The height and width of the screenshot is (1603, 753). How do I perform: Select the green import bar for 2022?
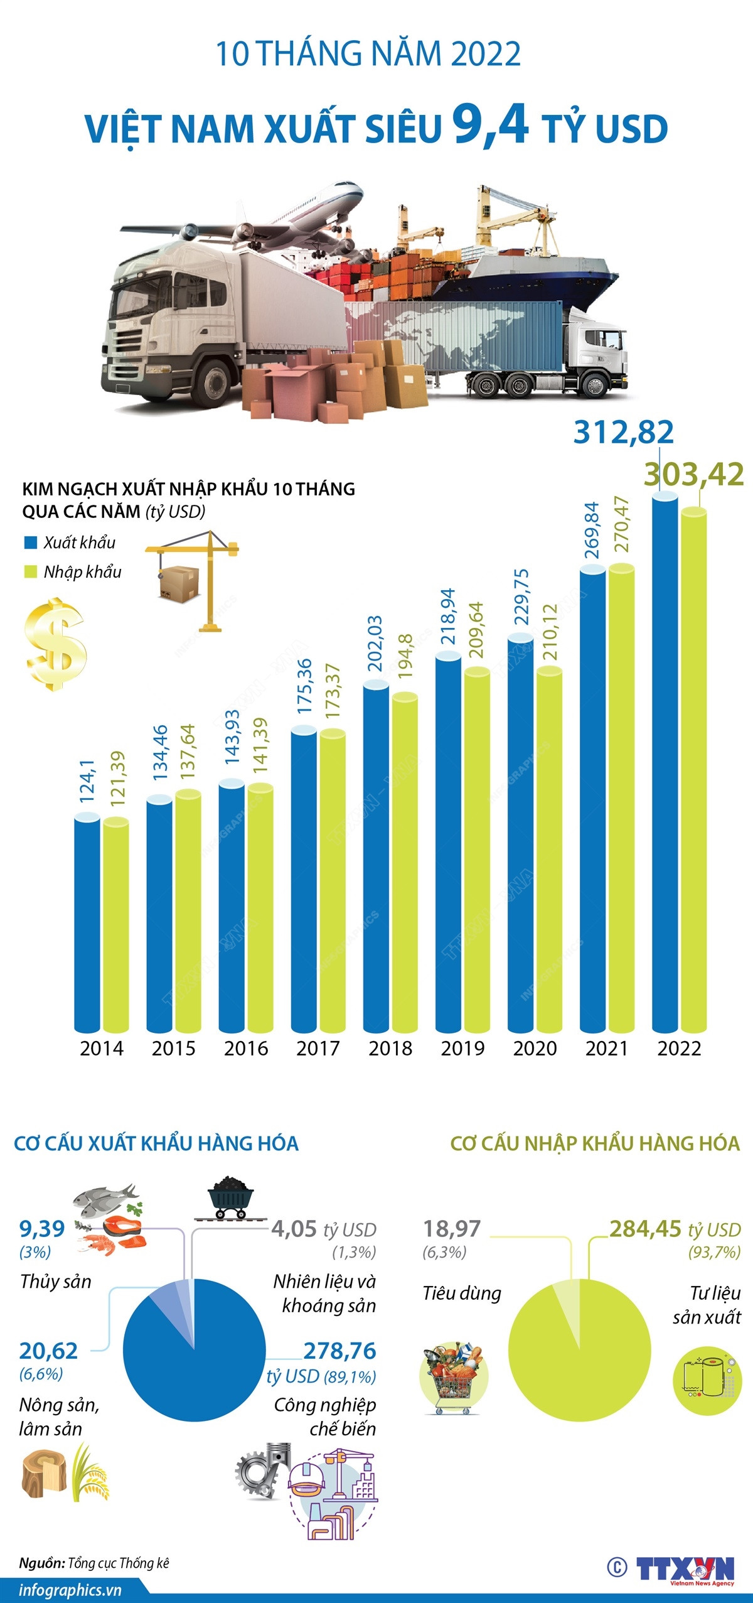694,772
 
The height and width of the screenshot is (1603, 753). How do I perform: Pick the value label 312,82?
624,433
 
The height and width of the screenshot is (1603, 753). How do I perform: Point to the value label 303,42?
694,475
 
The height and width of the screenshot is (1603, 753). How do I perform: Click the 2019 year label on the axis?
462,1048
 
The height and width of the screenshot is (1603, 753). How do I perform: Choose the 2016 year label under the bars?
246,1048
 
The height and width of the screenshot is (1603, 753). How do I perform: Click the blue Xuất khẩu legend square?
30,542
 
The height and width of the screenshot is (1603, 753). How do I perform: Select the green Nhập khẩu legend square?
30,572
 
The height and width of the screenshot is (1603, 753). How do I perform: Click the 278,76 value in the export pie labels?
339,1351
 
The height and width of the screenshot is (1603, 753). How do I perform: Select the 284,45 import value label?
645,1229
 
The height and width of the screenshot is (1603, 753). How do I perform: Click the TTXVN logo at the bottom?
685,1568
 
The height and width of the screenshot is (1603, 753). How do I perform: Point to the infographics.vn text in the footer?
70,1590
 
